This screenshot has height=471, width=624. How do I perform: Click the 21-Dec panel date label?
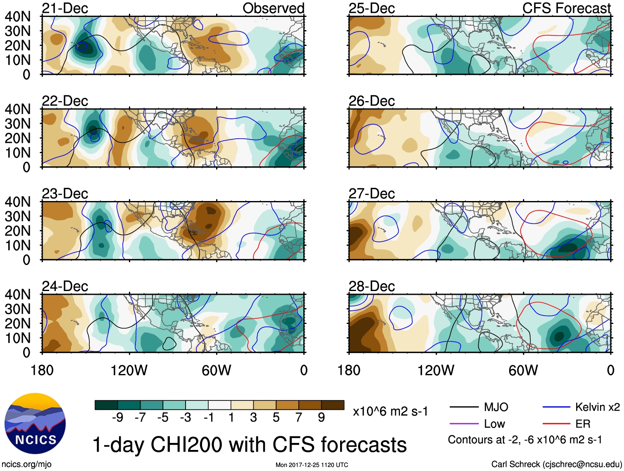point(65,8)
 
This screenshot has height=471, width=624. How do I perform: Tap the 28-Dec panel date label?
point(372,286)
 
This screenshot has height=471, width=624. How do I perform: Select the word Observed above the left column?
point(273,8)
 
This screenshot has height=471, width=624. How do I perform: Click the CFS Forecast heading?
point(566,8)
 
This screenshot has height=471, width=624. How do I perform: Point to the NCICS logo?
point(35,424)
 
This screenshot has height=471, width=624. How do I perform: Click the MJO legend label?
point(496,407)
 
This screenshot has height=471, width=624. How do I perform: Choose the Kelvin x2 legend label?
point(597,407)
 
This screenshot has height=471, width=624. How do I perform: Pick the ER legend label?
point(583,424)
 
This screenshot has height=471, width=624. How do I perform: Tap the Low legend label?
point(495,424)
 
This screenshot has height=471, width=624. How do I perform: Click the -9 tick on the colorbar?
point(117,418)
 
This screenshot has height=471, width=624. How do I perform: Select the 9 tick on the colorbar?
point(322,418)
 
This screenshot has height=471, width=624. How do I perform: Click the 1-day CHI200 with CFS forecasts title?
point(249,445)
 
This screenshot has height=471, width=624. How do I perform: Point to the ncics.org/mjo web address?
point(26,464)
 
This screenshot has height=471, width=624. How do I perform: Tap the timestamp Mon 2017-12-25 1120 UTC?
point(312,465)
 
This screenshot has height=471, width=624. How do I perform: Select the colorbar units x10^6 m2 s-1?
point(390,412)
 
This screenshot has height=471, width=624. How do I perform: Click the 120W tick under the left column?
point(129,370)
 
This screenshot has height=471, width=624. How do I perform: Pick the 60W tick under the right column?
point(523,370)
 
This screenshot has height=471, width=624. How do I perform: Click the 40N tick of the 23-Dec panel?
point(17,202)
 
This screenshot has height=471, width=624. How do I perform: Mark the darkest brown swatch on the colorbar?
point(333,405)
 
